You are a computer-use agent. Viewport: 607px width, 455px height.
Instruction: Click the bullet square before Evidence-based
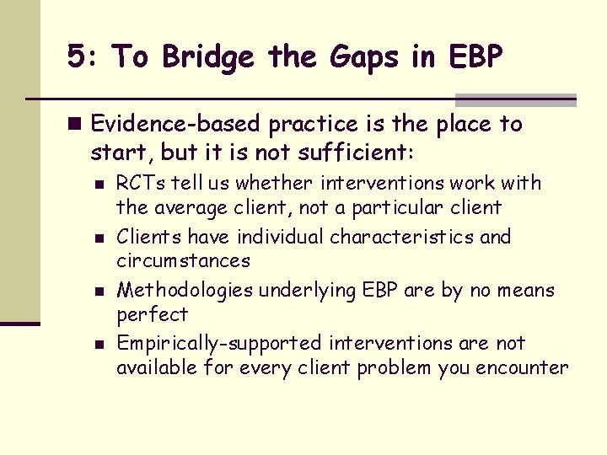pos(77,125)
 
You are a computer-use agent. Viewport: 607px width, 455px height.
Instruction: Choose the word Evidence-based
pos(176,125)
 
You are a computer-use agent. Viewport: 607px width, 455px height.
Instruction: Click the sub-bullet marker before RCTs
pos(99,185)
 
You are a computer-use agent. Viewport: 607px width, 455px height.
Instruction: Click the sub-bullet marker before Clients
pos(99,238)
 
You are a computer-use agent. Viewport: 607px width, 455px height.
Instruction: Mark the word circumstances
pos(183,260)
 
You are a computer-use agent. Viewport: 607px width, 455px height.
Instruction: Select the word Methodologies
pos(185,291)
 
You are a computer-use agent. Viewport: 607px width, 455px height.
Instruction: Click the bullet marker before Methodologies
pos(99,292)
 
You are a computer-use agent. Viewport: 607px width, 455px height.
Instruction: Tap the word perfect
pos(152,314)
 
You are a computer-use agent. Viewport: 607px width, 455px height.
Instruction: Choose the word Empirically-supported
pos(219,344)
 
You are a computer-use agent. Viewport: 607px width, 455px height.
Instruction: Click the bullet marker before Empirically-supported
pos(99,345)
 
